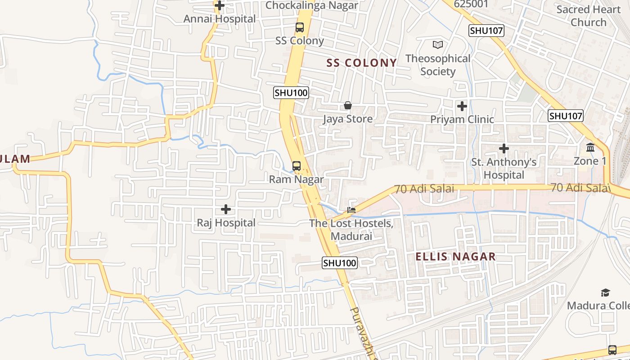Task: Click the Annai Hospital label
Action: (219, 19)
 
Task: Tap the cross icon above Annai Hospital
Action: (220, 6)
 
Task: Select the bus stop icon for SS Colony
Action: (300, 27)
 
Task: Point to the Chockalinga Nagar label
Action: (311, 5)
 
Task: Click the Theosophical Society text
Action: (438, 65)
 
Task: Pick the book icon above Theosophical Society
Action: (438, 45)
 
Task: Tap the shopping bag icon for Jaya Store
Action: (348, 106)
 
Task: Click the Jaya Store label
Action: (348, 119)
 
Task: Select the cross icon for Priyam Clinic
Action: (462, 106)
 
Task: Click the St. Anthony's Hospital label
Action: (504, 168)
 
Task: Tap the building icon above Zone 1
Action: (590, 148)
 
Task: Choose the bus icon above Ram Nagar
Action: (297, 166)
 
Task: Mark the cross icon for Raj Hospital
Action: (226, 209)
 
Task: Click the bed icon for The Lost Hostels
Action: (351, 210)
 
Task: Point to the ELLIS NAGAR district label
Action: (455, 256)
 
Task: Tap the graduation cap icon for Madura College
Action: (606, 293)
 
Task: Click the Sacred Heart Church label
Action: (588, 16)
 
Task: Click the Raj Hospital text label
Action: (226, 223)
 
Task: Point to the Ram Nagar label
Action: (296, 180)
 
